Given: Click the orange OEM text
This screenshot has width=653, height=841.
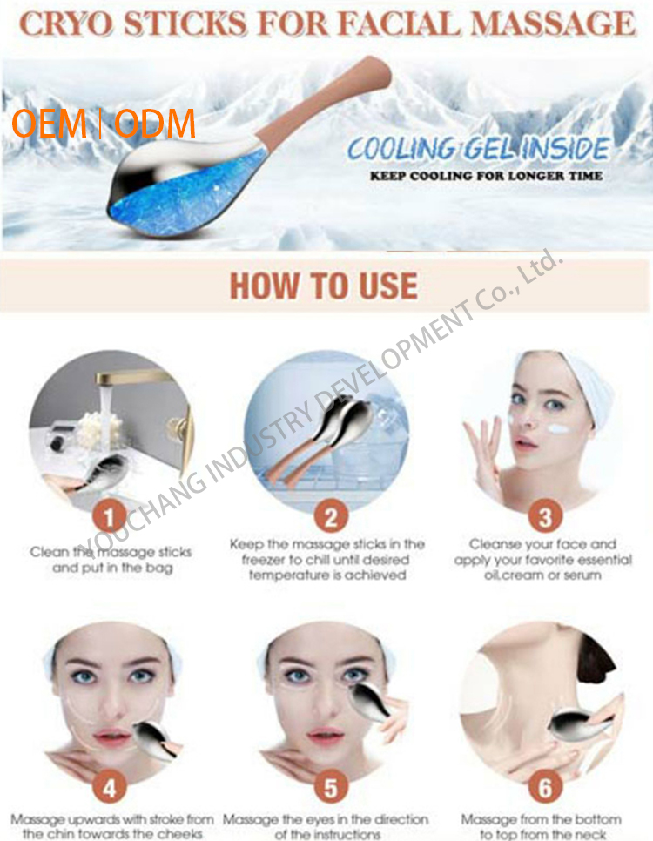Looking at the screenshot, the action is tap(49, 124).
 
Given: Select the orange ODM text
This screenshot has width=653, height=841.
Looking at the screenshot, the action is tap(154, 124).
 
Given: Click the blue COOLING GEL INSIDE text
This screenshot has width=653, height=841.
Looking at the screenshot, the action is tap(478, 149).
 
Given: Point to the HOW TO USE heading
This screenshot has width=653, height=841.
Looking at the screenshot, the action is tap(324, 286).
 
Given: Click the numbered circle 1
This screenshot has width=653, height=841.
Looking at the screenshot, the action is tap(110, 518).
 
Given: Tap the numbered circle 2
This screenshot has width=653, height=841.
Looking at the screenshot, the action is tap(331, 518).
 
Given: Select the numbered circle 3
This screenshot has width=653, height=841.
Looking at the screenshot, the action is tap(545, 518).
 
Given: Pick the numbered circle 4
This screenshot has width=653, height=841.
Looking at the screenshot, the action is tap(110, 789).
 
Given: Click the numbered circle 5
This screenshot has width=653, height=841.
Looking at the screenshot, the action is tap(331, 789).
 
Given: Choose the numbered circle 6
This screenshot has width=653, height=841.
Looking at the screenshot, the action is tap(545, 789).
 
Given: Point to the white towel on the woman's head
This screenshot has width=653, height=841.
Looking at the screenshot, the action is tap(585, 387).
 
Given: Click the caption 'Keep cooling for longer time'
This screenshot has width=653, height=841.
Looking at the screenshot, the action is tap(486, 176).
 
